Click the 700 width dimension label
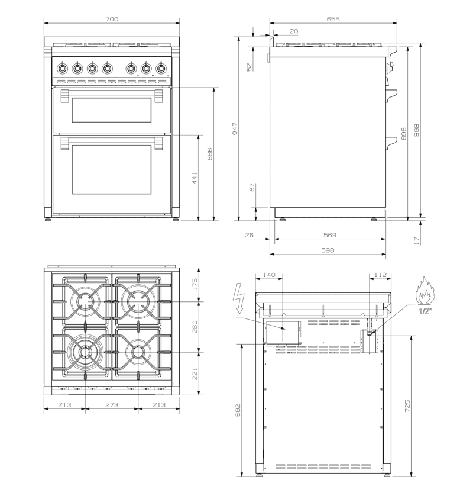112,19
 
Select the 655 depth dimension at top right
333,19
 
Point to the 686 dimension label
210,154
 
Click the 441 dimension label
195,178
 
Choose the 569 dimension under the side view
330,235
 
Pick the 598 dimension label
328,250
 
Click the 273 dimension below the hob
112,405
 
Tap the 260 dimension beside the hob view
195,327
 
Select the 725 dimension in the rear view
407,406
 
